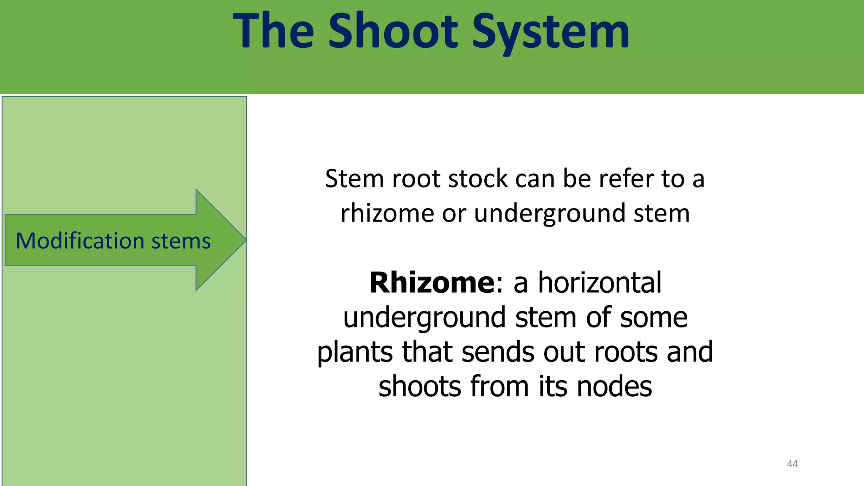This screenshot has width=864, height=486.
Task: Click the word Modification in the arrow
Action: (x=80, y=241)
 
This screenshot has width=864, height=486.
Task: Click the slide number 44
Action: (x=792, y=464)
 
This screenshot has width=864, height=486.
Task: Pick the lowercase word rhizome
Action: (x=387, y=213)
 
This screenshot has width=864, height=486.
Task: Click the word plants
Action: (x=355, y=352)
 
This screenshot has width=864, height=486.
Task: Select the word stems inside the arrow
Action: (x=181, y=241)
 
